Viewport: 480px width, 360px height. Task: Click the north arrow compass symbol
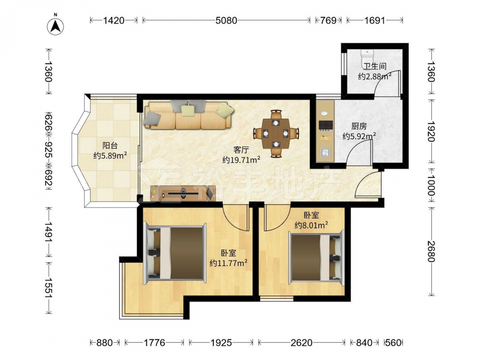click(x=55, y=26)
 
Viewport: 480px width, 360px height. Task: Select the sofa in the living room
click(x=189, y=115)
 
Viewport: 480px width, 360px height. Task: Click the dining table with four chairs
click(x=276, y=133)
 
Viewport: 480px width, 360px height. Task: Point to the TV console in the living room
click(x=183, y=193)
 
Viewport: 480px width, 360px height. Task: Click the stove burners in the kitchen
click(x=326, y=125)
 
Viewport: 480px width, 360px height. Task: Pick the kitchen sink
click(x=325, y=152)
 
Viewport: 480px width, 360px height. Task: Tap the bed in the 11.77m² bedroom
click(x=175, y=253)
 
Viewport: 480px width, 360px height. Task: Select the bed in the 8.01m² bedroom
click(x=316, y=257)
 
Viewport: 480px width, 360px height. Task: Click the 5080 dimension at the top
click(x=226, y=21)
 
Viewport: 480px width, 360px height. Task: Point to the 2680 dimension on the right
click(x=431, y=252)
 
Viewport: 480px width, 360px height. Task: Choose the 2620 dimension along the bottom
click(x=301, y=343)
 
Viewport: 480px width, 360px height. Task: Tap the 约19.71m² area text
click(x=241, y=159)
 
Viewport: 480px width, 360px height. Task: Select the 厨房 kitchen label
click(x=359, y=126)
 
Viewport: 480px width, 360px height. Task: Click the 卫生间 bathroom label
click(x=375, y=66)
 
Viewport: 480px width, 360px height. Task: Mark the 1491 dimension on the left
click(x=48, y=232)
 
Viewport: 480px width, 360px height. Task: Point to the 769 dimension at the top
click(x=328, y=21)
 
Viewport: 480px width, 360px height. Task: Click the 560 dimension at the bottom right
click(x=394, y=343)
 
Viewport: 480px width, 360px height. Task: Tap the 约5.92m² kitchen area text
click(x=359, y=136)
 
